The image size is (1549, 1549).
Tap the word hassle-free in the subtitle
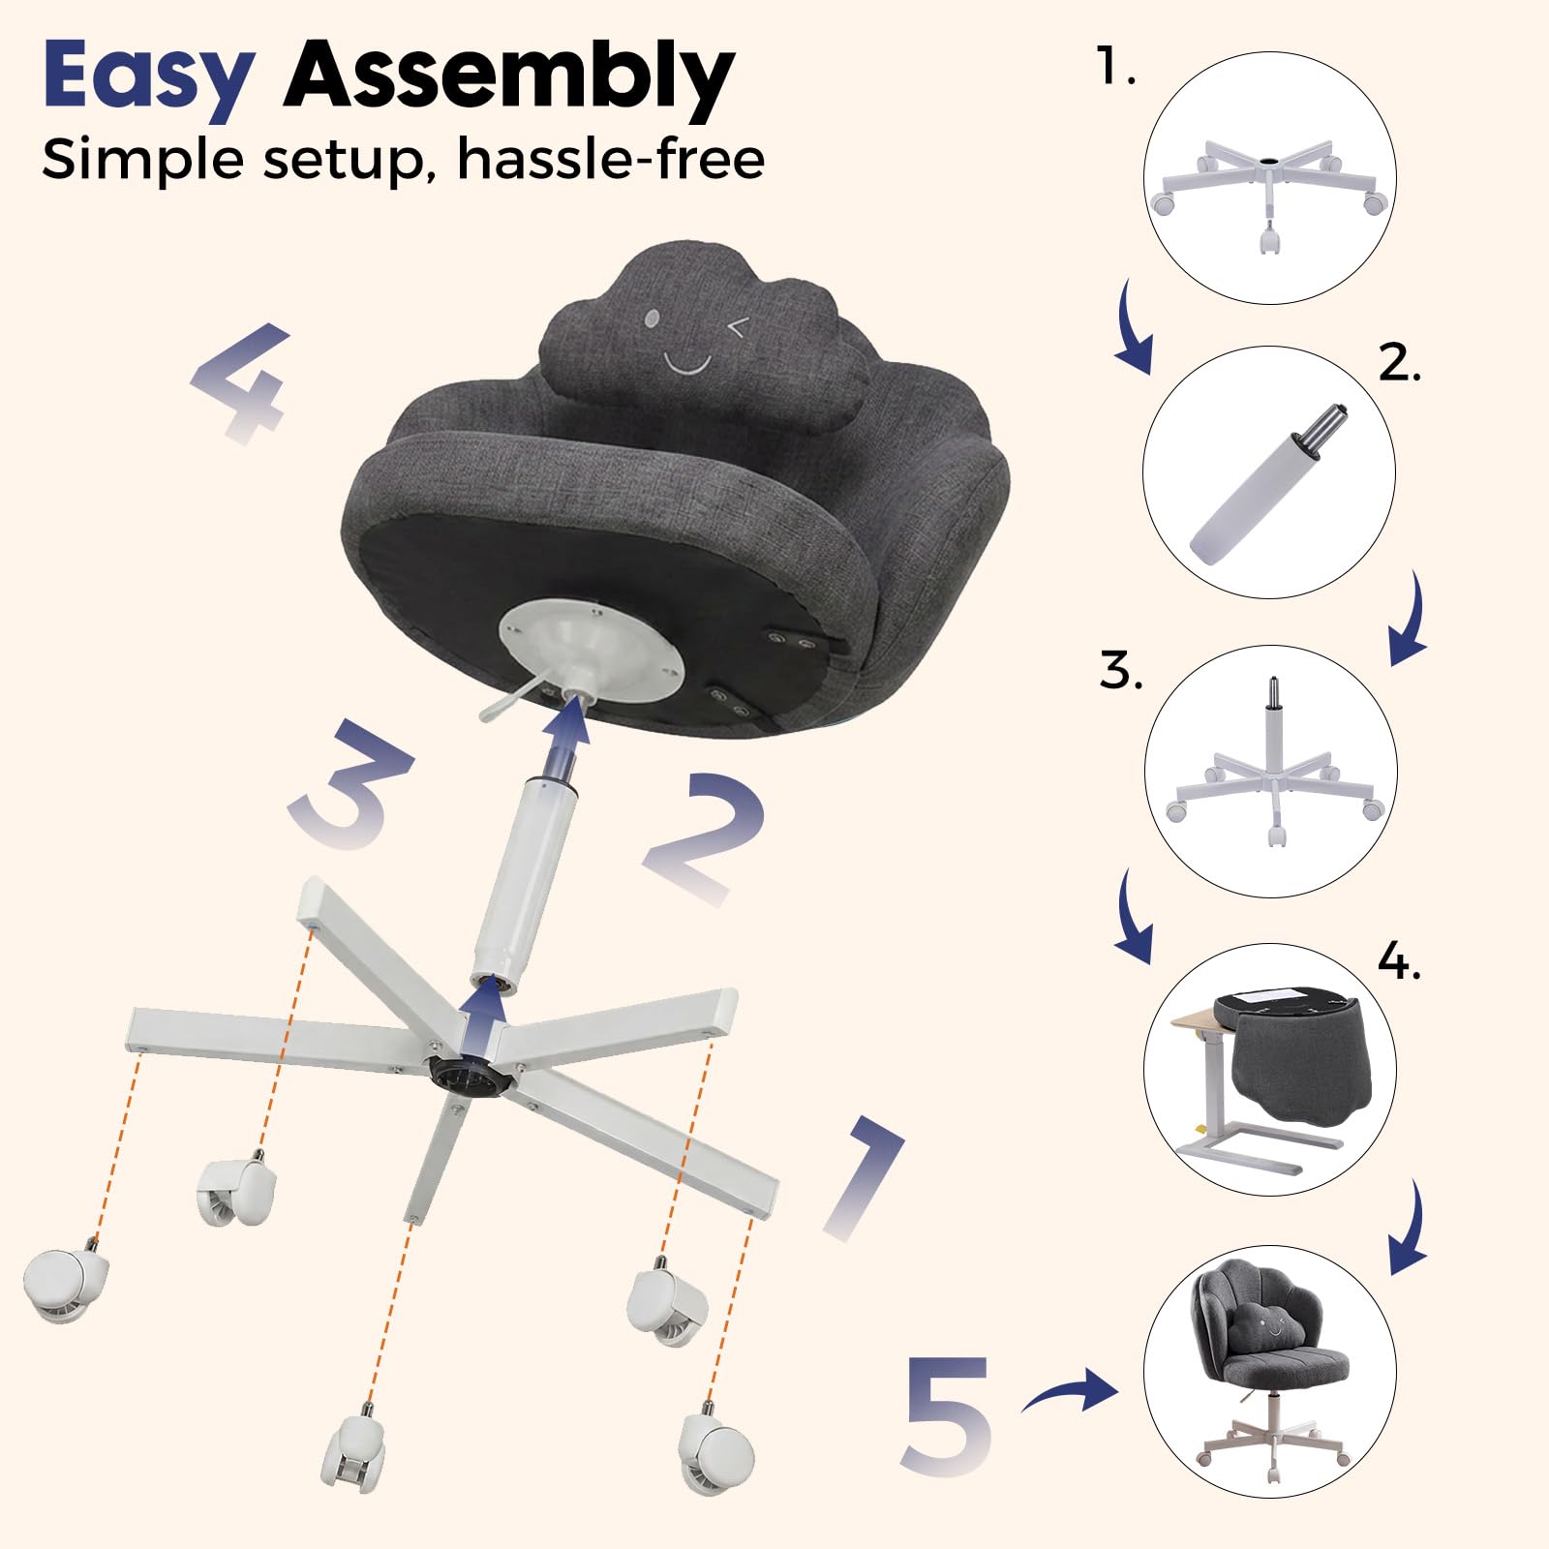[611, 159]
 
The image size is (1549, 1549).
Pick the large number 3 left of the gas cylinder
[350, 784]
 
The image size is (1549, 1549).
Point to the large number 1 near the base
[865, 1177]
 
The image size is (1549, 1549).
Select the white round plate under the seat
[592, 648]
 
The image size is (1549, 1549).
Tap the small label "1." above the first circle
[1116, 67]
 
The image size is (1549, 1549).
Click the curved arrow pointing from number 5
[1069, 1392]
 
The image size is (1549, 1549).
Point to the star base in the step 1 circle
[1269, 188]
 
